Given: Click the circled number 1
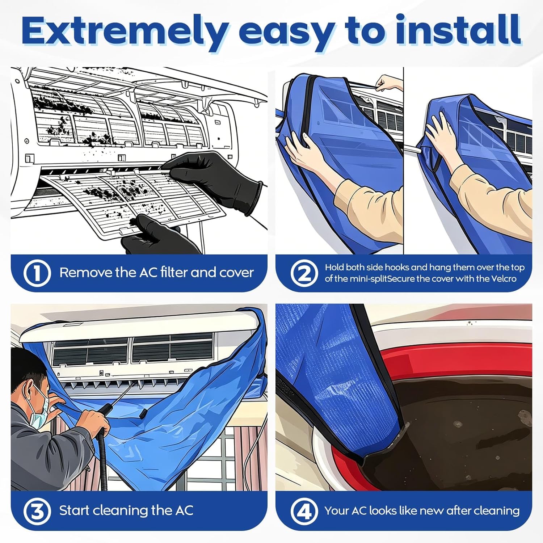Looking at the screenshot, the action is click(x=37, y=273).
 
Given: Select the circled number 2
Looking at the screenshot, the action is click(x=304, y=273).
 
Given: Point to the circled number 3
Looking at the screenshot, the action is click(x=37, y=511).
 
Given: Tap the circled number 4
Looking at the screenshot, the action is click(x=304, y=511).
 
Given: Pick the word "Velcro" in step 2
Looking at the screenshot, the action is click(x=504, y=279).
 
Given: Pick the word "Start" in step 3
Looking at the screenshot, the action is click(x=74, y=511).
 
